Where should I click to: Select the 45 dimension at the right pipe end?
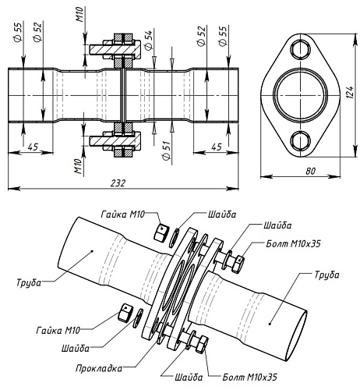(x=216, y=146)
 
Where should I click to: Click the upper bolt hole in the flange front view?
(x=300, y=48)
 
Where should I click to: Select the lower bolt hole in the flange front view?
(x=300, y=141)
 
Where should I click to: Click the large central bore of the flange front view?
(x=300, y=94)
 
